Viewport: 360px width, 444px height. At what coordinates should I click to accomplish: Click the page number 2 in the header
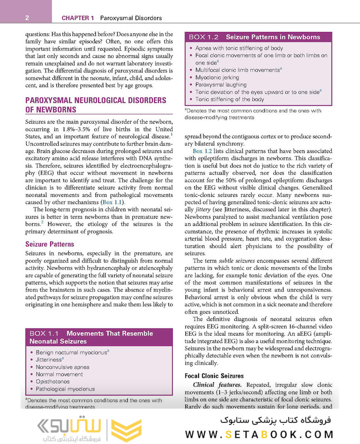(x=26, y=18)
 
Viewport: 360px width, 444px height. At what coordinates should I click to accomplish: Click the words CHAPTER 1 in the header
(x=78, y=18)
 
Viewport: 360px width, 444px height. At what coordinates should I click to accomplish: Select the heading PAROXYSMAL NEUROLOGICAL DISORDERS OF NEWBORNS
(x=95, y=105)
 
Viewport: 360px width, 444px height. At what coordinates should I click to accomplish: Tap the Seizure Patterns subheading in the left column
(x=49, y=244)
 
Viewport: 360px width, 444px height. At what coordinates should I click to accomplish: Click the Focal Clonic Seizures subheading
(x=214, y=376)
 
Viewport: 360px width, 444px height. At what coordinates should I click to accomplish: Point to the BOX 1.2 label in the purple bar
(x=203, y=37)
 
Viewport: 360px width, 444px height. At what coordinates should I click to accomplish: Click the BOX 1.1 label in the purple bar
(x=44, y=333)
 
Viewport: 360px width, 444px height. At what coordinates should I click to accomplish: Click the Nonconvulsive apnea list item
(x=62, y=367)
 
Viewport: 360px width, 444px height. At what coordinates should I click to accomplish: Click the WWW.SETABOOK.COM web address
(x=259, y=434)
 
